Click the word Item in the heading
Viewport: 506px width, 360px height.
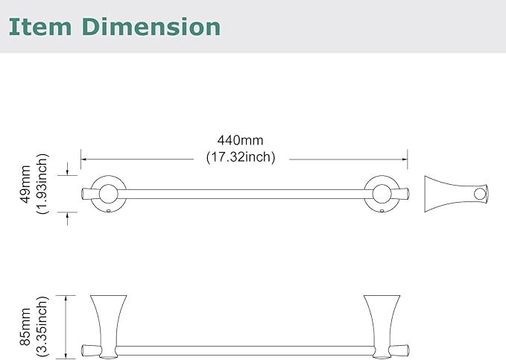coord(40,27)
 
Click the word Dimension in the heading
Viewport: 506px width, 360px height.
coord(151,27)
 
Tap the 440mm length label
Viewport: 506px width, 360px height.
coord(241,140)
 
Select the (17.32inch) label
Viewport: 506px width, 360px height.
coord(241,157)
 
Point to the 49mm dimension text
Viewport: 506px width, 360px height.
coord(25,184)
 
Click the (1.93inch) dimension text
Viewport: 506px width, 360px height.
coord(42,183)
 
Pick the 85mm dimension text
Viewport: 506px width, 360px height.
coord(25,326)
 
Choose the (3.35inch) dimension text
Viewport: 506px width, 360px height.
coord(42,326)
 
